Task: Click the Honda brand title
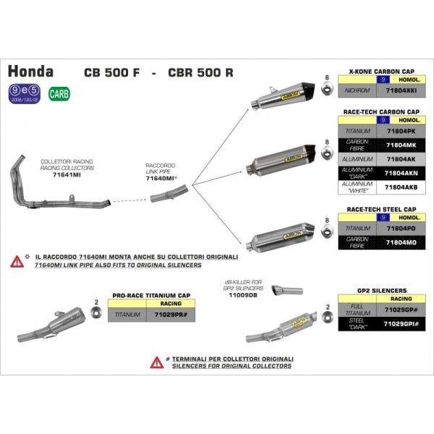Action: pyautogui.click(x=30, y=72)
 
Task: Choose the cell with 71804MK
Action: pyautogui.click(x=401, y=145)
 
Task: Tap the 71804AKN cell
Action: pyautogui.click(x=401, y=174)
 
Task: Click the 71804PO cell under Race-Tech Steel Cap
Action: pyautogui.click(x=401, y=227)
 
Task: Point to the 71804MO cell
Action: pyautogui.click(x=401, y=242)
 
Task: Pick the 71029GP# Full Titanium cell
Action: pyautogui.click(x=401, y=308)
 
